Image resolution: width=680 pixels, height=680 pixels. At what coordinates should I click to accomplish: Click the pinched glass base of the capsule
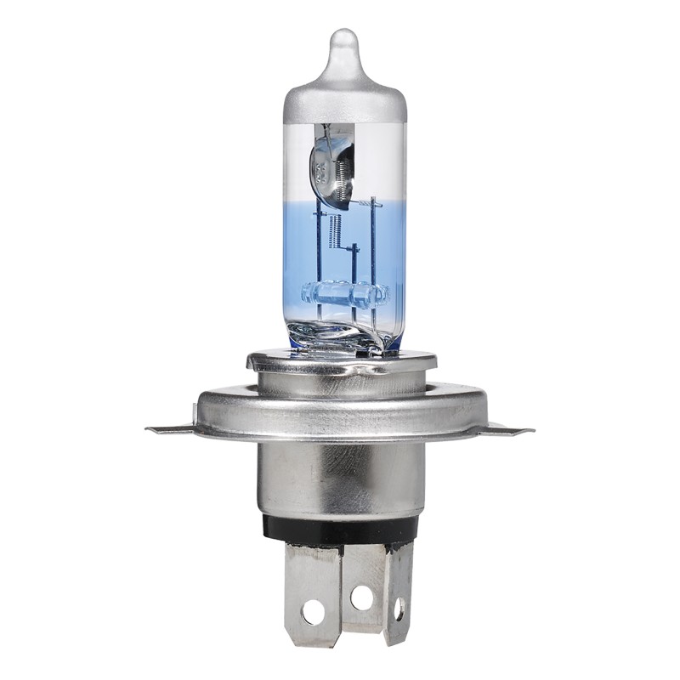(348, 336)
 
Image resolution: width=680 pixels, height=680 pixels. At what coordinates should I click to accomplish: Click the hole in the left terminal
(312, 609)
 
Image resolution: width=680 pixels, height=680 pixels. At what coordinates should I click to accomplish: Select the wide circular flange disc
(341, 412)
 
